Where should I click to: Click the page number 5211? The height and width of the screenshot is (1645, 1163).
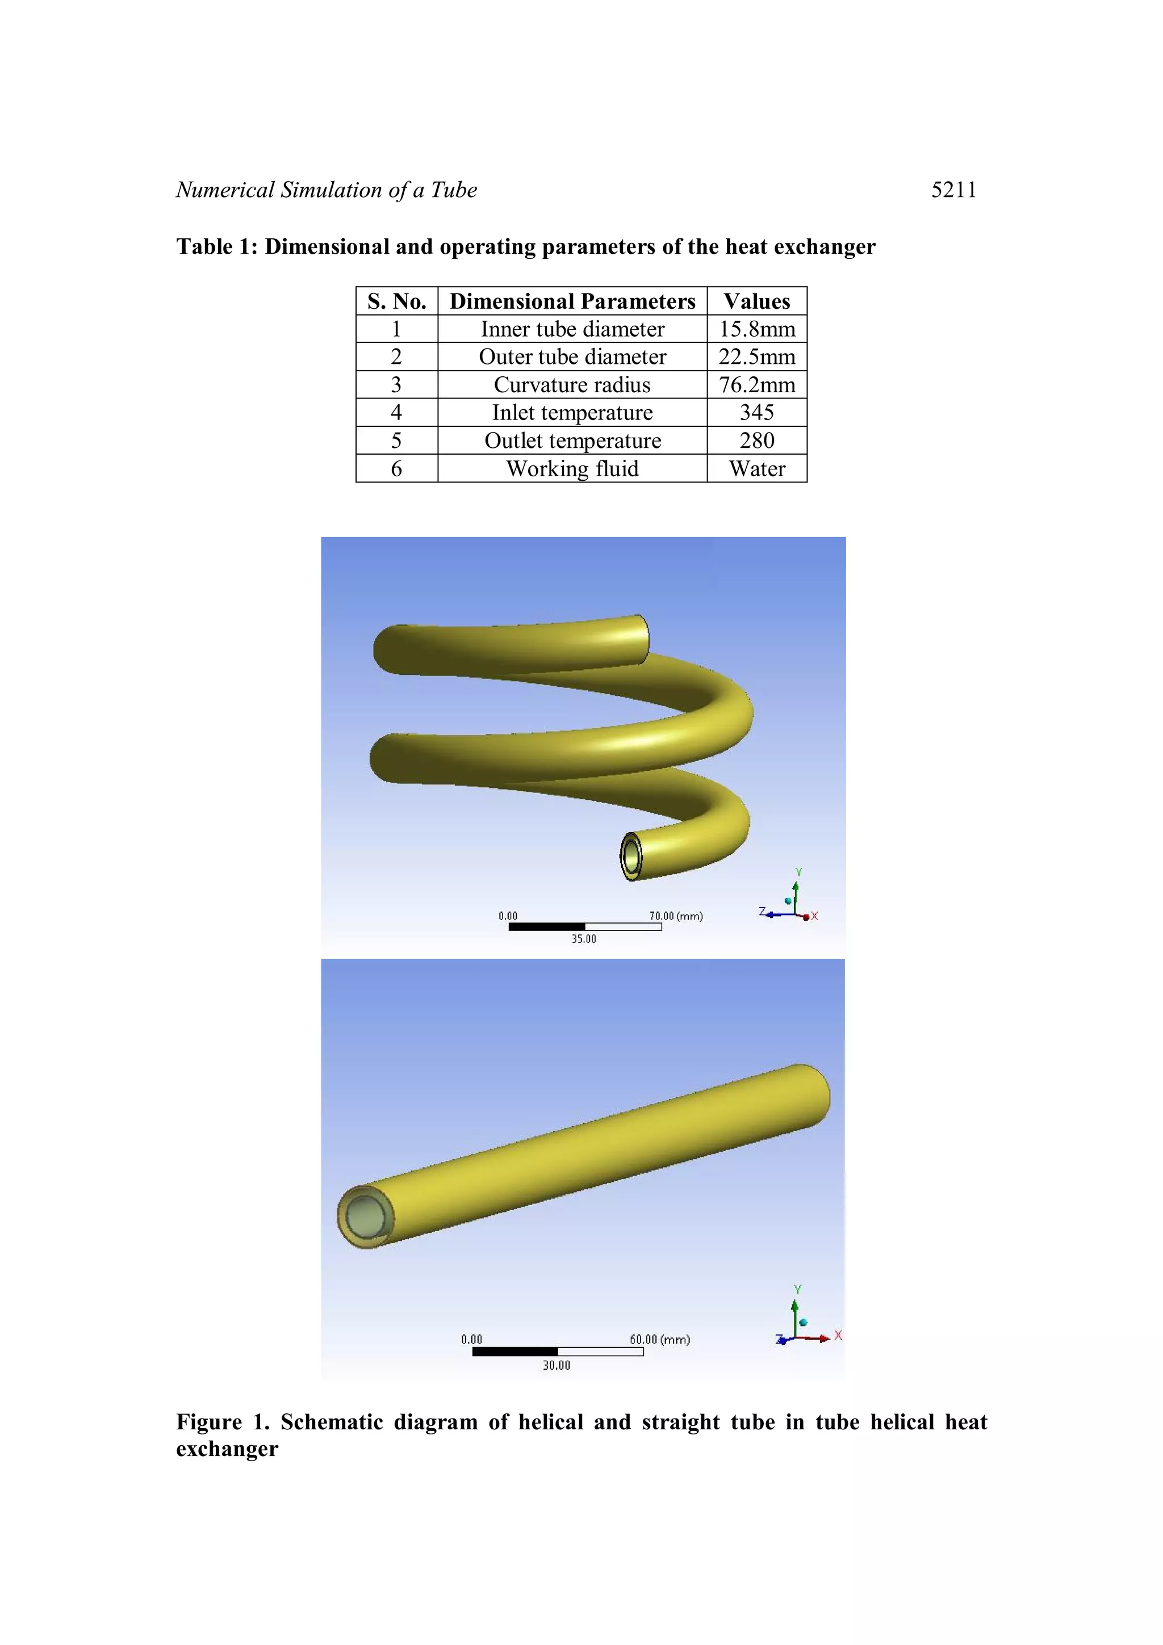[x=953, y=190]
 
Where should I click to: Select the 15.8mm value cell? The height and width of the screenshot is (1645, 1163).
[x=757, y=329]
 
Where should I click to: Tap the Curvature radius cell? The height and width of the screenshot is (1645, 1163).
[x=572, y=385]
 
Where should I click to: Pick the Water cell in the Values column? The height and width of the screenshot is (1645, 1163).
[x=757, y=468]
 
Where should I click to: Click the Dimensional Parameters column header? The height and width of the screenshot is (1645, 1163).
[x=572, y=301]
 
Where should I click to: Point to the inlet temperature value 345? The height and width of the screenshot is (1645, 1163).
[x=757, y=413]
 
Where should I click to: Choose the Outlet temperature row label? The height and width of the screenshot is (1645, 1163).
[x=572, y=440]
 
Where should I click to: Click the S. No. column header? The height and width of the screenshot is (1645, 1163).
[x=396, y=301]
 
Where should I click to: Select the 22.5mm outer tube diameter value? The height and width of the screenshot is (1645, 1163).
[x=757, y=357]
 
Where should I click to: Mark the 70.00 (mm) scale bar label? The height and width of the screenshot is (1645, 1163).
[x=676, y=916]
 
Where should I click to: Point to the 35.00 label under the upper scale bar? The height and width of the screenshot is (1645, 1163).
[x=583, y=938]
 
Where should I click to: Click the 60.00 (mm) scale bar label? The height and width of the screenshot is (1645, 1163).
[x=659, y=1339]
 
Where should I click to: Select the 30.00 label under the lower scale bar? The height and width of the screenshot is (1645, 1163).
[x=556, y=1365]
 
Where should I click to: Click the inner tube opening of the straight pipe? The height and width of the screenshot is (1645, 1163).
[x=366, y=1216]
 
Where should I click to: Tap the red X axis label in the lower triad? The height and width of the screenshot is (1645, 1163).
[x=838, y=1336]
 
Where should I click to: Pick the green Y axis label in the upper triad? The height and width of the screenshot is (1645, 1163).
[x=798, y=872]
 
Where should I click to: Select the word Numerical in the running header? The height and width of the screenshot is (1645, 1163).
[x=225, y=190]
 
